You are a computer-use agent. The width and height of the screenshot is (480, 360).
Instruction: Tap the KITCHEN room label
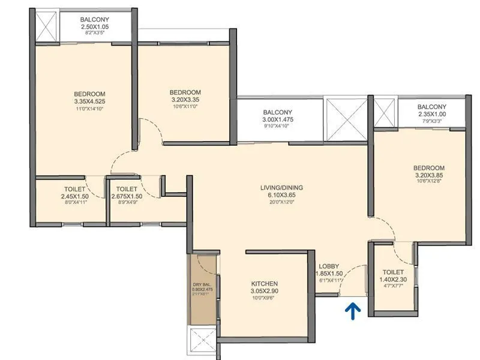click(x=265, y=283)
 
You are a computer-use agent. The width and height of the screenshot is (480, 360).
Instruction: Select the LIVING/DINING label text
click(x=281, y=188)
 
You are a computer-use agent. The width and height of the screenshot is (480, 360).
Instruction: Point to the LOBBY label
click(x=329, y=266)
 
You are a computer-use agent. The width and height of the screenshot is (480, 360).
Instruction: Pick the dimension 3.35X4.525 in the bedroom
click(x=90, y=102)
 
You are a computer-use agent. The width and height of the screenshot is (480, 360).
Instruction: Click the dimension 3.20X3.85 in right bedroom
click(x=428, y=175)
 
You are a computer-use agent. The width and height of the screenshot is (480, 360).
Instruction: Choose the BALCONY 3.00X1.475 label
click(x=277, y=119)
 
